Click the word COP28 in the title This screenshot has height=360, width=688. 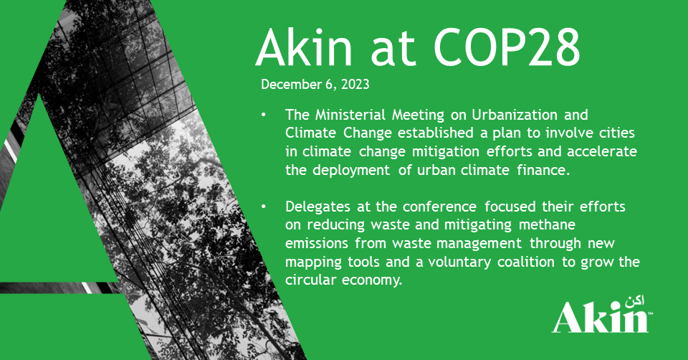coord(507,47)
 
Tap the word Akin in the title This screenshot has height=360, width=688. coord(304,47)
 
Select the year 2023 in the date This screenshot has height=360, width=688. coord(355,85)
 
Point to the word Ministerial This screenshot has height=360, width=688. coord(350,115)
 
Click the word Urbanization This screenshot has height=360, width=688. coord(515,115)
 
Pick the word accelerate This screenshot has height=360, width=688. coord(602,151)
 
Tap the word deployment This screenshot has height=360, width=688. coord(351,171)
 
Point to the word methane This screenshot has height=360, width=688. coord(547,224)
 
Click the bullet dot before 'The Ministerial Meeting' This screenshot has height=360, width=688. coord(263,115)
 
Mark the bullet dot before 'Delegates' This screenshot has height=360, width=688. coord(263,207)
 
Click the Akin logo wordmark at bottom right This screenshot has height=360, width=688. coord(600,317)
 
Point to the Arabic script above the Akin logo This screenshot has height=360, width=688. coord(634,303)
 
